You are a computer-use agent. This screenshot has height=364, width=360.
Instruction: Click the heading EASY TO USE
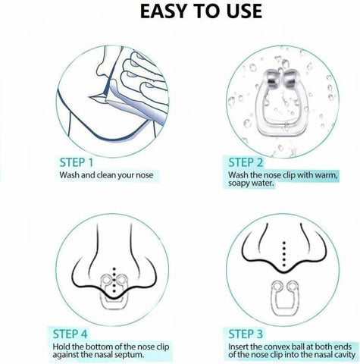pyautogui.click(x=180, y=12)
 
